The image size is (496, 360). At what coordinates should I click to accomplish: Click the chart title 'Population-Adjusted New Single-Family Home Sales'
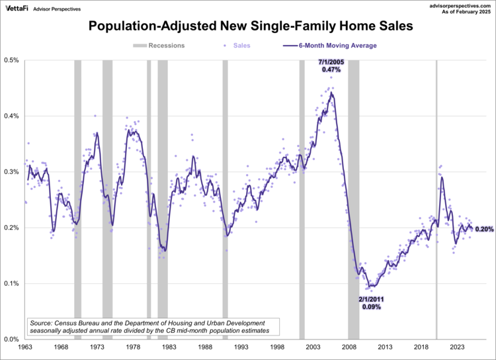[x=247, y=27]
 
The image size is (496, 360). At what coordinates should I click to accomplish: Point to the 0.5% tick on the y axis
[x=12, y=60]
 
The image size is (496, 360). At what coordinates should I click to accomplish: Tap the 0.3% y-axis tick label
[x=12, y=172]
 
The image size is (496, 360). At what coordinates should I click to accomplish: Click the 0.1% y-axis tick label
[x=12, y=284]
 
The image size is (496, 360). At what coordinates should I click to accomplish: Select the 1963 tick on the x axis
[x=25, y=347]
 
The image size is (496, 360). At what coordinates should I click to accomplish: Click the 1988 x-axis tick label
[x=205, y=347]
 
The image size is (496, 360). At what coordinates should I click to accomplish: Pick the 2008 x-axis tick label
[x=349, y=347]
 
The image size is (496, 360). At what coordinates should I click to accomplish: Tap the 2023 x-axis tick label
[x=457, y=347]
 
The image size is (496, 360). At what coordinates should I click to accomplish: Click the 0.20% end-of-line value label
[x=483, y=229]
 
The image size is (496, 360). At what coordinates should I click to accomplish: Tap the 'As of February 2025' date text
[x=464, y=12]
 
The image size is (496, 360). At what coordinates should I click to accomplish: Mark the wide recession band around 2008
[x=354, y=199]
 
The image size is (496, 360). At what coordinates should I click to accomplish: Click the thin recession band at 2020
[x=436, y=199]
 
